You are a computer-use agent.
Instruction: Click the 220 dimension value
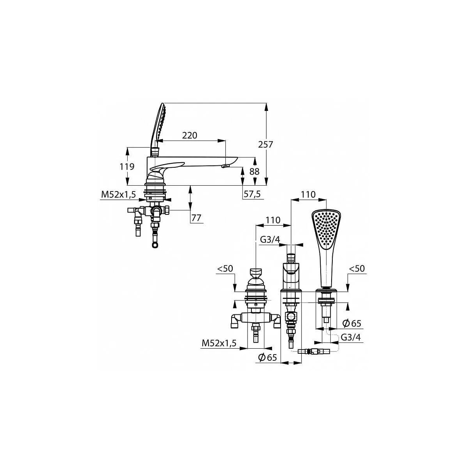pyautogui.click(x=190, y=135)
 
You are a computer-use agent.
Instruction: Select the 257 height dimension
pyautogui.click(x=265, y=144)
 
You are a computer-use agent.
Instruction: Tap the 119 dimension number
pyautogui.click(x=127, y=167)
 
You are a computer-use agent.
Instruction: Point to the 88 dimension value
pyautogui.click(x=254, y=172)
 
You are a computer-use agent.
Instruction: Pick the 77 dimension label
pyautogui.click(x=196, y=218)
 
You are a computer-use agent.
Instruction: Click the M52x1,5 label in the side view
pyautogui.click(x=119, y=194)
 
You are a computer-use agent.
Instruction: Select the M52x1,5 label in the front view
pyautogui.click(x=219, y=343)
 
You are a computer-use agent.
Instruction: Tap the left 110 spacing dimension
pyautogui.click(x=273, y=220)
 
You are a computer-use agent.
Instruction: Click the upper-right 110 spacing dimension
pyautogui.click(x=308, y=194)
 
